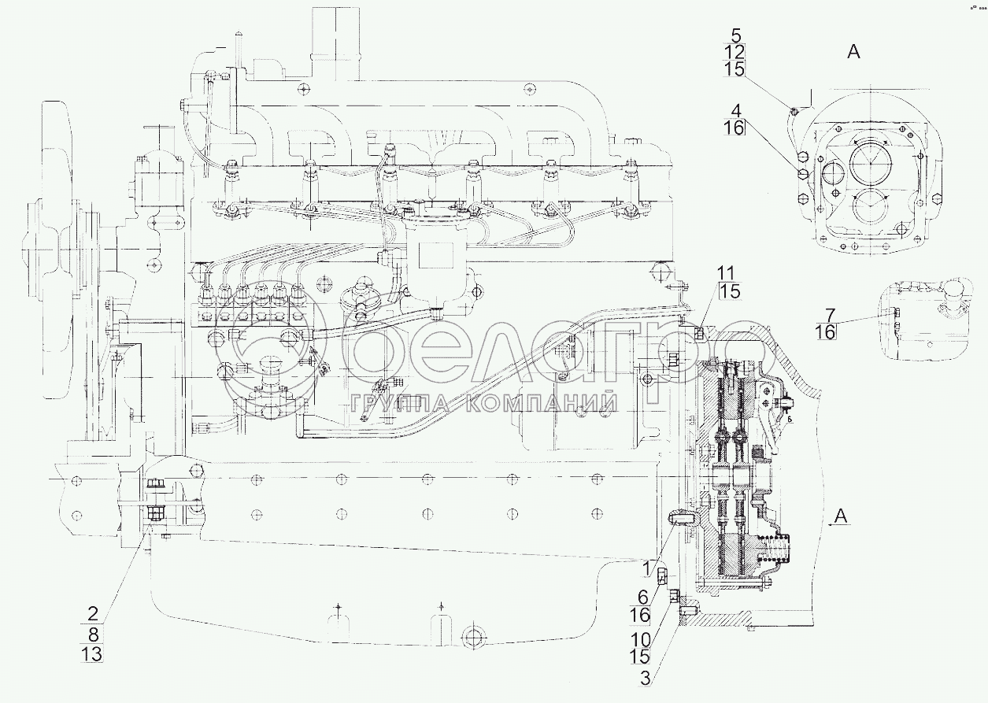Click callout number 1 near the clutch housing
(647, 565)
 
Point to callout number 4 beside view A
(734, 109)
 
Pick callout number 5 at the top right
(735, 35)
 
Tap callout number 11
(729, 273)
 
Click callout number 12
(735, 52)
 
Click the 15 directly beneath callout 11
(729, 292)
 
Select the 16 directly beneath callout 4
(734, 128)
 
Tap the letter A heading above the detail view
(853, 53)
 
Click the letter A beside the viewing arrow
(842, 516)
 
